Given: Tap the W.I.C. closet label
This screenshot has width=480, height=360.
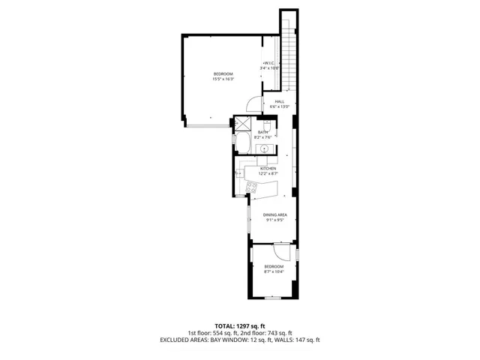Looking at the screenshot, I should click(269, 65).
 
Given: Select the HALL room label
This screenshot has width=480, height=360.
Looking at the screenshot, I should click(279, 104).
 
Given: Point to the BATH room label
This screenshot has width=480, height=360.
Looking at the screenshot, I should click(263, 135).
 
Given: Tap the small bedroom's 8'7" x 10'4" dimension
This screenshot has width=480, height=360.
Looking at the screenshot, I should click(274, 271).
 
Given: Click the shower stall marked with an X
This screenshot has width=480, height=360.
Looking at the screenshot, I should click(243, 124).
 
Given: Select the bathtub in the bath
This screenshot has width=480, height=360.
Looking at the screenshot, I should click(244, 145).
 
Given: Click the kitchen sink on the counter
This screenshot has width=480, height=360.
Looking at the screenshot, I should click(239, 174).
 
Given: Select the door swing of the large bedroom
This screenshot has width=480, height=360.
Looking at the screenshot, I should click(253, 105).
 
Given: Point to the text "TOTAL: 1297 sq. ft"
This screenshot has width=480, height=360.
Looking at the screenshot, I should click(239, 326).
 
